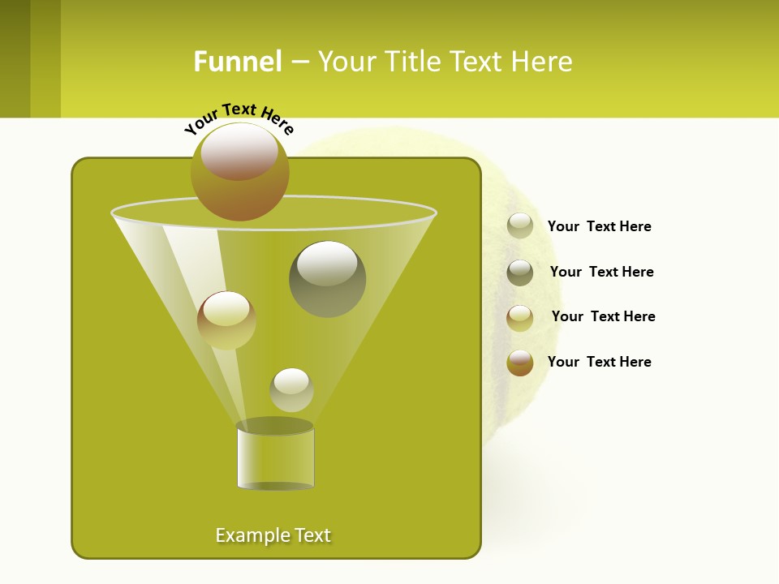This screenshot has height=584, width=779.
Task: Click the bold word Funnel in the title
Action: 238,62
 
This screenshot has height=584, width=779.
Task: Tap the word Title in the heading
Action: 412,62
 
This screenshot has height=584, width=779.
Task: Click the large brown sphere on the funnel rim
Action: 240,172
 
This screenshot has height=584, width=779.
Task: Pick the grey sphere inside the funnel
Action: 327,279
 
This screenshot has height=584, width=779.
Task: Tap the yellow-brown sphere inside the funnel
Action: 226,320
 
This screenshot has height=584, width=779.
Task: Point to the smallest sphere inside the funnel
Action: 291,390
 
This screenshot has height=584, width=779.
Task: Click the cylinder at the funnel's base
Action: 275,458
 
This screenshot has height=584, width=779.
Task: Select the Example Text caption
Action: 273,535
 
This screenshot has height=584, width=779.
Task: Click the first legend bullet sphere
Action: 520,225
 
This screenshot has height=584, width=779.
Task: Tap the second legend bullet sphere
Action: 520,273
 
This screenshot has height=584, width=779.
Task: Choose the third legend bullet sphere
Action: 520,318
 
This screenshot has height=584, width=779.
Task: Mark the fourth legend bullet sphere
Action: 520,363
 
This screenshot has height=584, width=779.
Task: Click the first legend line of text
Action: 599,226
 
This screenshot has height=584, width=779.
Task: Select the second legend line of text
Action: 601,272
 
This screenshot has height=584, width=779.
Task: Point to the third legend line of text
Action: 603,316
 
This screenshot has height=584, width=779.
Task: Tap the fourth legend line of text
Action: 599,362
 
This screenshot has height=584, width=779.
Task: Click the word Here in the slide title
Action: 542,62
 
